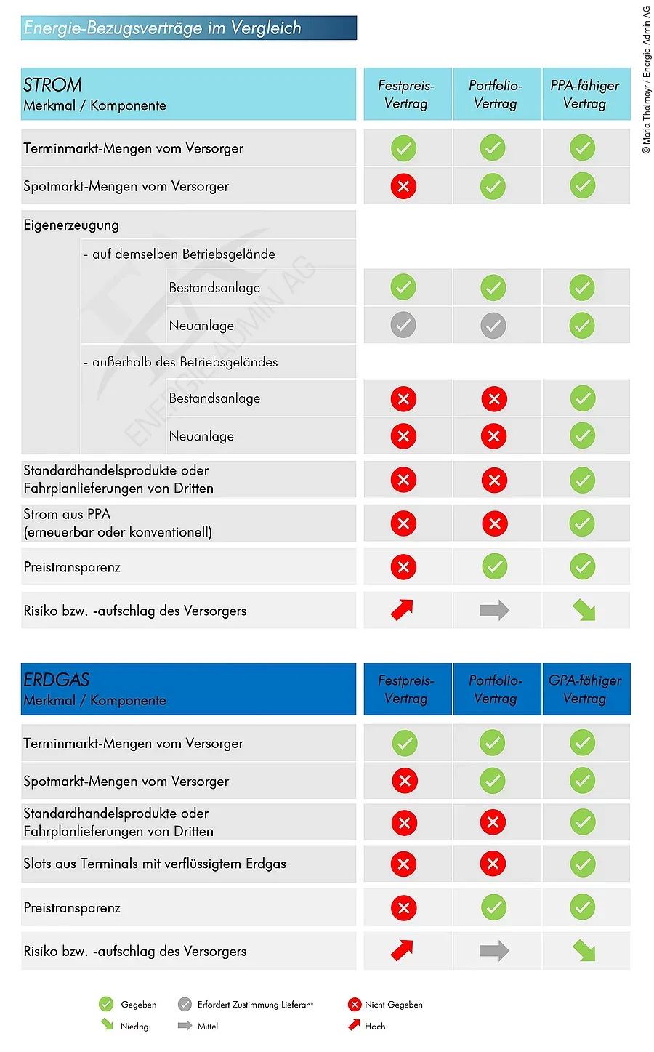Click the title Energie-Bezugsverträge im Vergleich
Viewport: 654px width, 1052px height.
(163, 28)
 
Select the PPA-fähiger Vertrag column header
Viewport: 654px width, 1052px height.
(585, 95)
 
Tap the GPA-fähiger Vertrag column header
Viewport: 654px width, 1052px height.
(585, 689)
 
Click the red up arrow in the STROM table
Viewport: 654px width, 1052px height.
(403, 610)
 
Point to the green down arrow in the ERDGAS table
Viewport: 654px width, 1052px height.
(584, 950)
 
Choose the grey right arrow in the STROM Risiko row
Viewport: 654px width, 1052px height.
(494, 610)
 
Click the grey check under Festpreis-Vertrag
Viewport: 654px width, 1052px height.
(403, 325)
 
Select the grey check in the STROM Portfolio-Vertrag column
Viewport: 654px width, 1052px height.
(493, 325)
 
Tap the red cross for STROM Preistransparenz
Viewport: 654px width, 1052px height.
(403, 567)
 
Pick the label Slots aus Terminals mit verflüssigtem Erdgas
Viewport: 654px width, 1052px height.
(155, 864)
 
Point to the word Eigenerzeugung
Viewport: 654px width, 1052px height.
(71, 225)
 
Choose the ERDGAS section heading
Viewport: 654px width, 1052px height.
(57, 680)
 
